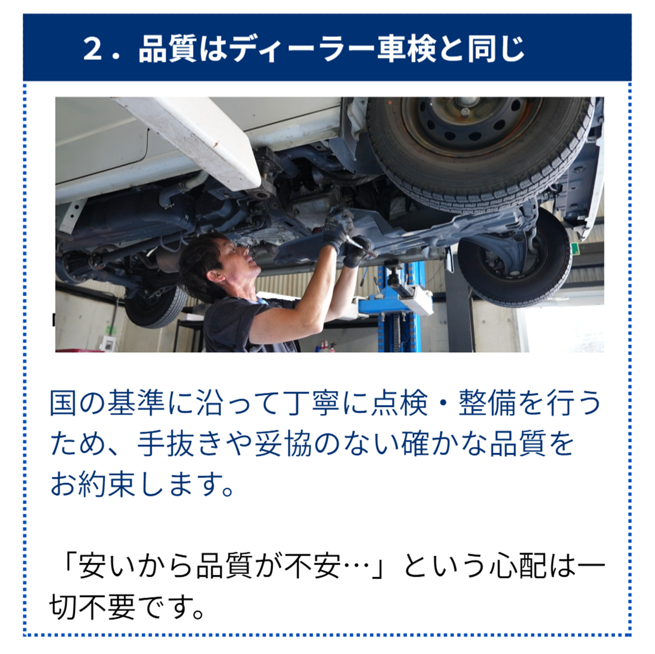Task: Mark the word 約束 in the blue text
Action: tap(107, 484)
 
